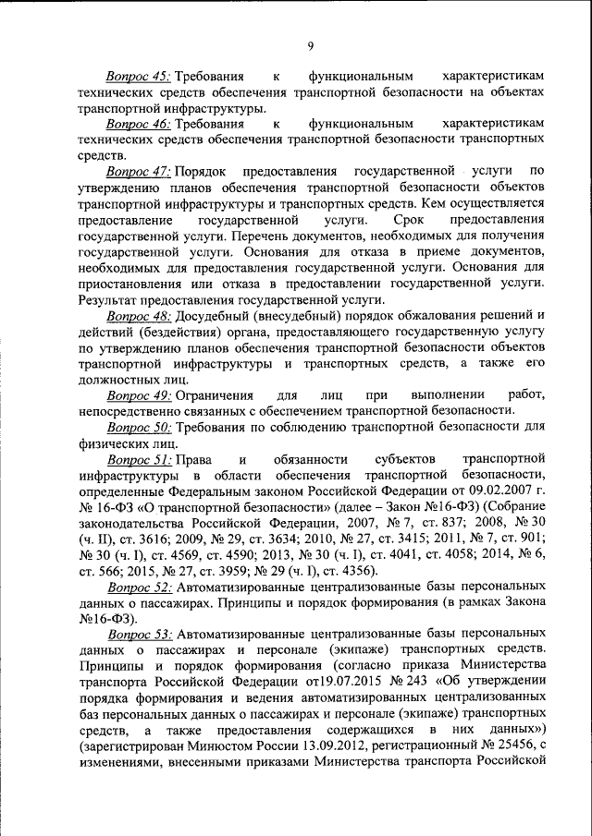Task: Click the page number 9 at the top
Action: tap(311, 45)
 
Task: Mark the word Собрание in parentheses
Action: tap(514, 510)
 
